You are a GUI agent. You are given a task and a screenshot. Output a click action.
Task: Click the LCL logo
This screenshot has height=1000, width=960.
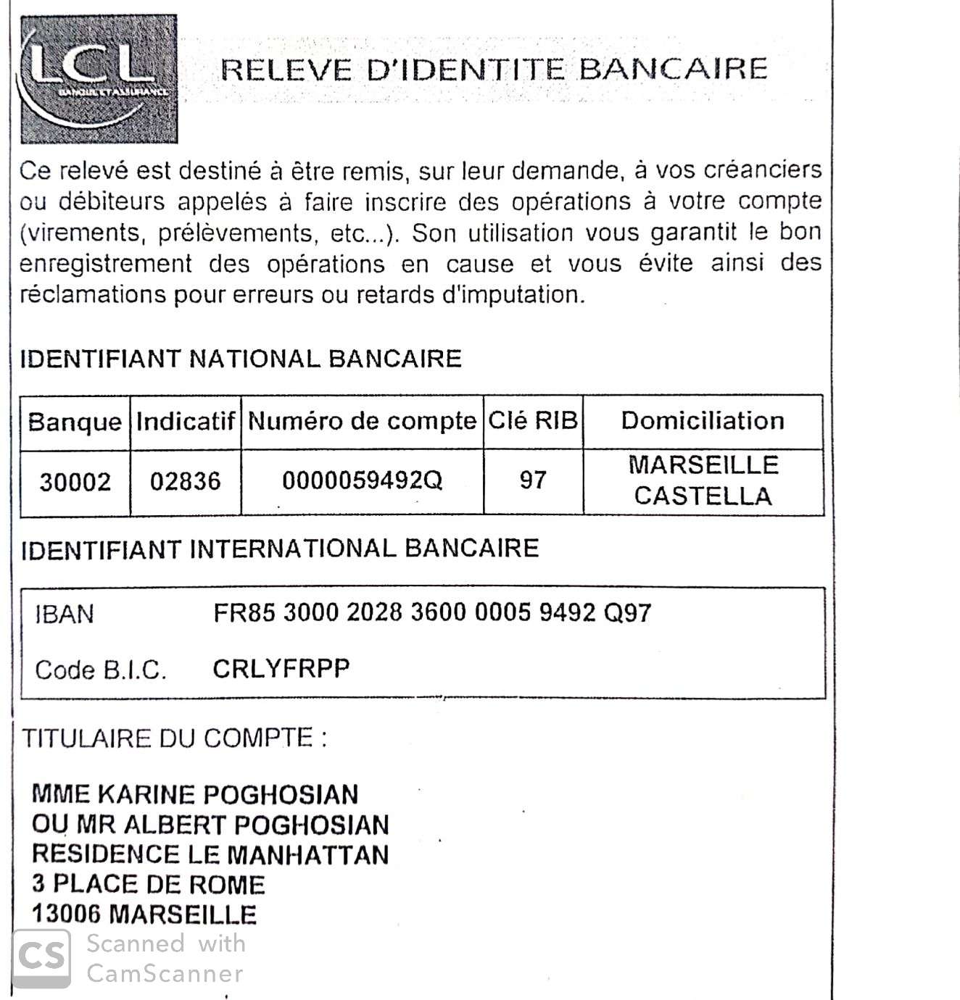coord(99,79)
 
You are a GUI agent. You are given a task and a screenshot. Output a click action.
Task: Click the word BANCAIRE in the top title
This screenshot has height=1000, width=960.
coord(673,70)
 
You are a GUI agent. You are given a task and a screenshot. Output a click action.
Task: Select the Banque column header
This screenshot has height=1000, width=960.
coord(75,422)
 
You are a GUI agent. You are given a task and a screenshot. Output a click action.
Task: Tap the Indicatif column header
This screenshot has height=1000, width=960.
coord(186,422)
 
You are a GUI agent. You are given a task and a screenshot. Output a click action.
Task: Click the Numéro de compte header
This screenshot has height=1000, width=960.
coord(362,421)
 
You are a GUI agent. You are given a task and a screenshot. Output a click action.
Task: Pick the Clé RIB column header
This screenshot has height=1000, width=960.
coord(533,420)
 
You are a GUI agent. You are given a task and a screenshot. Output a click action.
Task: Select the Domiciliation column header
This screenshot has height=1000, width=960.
coord(703,420)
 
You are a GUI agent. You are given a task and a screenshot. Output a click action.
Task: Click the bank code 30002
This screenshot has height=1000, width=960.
coord(75,482)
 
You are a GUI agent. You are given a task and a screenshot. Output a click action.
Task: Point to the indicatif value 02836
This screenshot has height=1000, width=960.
coord(185,482)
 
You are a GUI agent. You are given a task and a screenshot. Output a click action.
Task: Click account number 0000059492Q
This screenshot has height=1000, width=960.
coord(362,480)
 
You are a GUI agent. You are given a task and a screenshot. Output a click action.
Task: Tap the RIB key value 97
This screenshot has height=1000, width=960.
coord(533,480)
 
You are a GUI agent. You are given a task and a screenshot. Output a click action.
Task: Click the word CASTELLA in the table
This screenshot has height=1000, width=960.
coord(703,496)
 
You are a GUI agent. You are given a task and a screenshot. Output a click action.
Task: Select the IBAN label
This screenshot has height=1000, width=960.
coord(65,614)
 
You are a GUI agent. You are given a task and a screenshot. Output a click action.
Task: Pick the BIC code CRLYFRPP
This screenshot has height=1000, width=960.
coord(281,668)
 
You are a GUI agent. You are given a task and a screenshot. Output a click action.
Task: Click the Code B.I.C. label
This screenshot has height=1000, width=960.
coord(101,670)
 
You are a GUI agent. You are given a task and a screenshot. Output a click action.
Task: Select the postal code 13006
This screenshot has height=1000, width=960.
coord(66,914)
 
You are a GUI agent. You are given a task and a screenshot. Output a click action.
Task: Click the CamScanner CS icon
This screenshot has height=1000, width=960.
coord(42,958)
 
